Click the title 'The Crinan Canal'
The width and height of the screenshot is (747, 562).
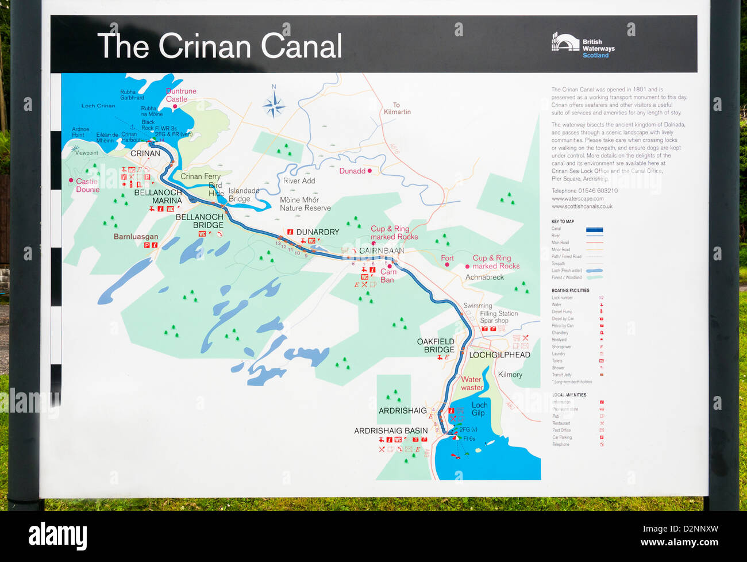pyautogui.click(x=220, y=46)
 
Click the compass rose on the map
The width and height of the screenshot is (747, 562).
pyautogui.click(x=274, y=105)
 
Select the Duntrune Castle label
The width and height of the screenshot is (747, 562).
pyautogui.click(x=181, y=95)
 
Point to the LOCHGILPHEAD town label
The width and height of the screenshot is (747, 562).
pyautogui.click(x=499, y=355)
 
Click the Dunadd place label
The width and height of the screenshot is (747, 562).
pyautogui.click(x=353, y=171)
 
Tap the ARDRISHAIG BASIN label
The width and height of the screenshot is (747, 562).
pyautogui.click(x=391, y=430)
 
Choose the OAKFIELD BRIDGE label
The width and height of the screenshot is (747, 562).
pyautogui.click(x=436, y=345)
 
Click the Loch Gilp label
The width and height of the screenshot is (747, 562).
pyautogui.click(x=479, y=409)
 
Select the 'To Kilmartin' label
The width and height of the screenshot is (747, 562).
pyautogui.click(x=397, y=109)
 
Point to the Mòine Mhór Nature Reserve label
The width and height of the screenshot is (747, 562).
pyautogui.click(x=305, y=204)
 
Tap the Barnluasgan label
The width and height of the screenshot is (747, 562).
pyautogui.click(x=136, y=236)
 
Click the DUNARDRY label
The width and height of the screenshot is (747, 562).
pyautogui.click(x=317, y=232)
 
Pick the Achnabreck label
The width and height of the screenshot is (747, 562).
pyautogui.click(x=484, y=277)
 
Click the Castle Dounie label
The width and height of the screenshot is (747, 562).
pyautogui.click(x=87, y=185)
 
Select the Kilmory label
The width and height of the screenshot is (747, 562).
pyautogui.click(x=510, y=375)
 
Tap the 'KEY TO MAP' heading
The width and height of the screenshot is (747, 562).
pyautogui.click(x=563, y=221)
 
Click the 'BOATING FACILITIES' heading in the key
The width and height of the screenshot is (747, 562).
pyautogui.click(x=570, y=291)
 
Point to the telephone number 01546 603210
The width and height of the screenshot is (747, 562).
pyautogui.click(x=584, y=191)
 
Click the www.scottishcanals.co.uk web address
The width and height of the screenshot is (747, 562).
pyautogui.click(x=582, y=206)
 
